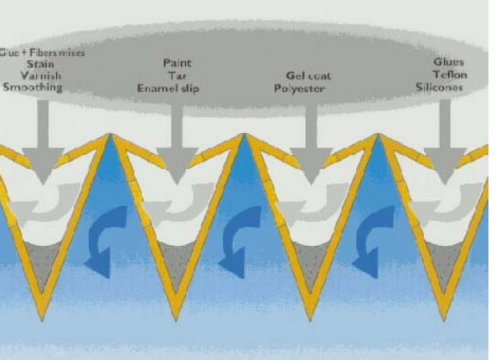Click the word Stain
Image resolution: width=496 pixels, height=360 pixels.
[40, 64]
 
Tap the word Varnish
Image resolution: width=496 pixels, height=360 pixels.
[41, 76]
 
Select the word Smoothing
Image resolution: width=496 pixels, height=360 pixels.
[33, 87]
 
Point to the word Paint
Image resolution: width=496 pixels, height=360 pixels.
[177, 64]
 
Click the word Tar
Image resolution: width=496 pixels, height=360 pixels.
[177, 76]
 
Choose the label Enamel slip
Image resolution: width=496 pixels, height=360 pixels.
[168, 88]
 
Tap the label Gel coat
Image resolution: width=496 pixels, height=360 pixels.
[308, 76]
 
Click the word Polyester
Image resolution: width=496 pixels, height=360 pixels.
[299, 89]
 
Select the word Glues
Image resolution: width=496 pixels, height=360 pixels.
[448, 62]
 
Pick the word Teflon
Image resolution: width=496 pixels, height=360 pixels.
[451, 75]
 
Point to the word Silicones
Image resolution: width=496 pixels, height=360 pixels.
[439, 87]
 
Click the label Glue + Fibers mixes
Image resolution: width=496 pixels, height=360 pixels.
[42, 53]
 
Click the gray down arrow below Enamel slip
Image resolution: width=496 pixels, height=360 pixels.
[177, 144]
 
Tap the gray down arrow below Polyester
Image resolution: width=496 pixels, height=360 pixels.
[312, 144]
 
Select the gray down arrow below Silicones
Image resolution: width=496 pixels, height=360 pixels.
[445, 142]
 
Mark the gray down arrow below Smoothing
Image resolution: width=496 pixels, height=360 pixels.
[43, 142]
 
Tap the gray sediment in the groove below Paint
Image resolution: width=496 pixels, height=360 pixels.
[176, 262]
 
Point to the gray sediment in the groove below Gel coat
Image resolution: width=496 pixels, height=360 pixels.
[310, 262]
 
